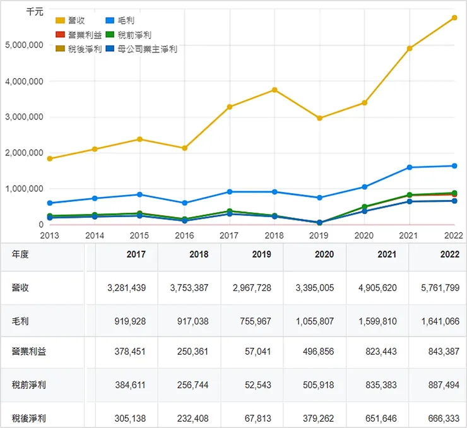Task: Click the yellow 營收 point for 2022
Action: [454, 18]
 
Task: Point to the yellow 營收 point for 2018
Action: [275, 90]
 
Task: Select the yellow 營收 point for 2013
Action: [50, 158]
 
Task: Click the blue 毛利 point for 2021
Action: [410, 167]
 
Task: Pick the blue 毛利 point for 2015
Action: [139, 194]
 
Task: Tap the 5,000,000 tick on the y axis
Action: [23, 45]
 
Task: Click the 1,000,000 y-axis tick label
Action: [23, 189]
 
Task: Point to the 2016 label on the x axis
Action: [184, 235]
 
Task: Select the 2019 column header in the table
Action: [261, 254]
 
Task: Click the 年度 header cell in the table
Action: [20, 254]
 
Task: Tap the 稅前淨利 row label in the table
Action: [29, 384]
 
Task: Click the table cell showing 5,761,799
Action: [438, 288]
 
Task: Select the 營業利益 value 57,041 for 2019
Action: [257, 352]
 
